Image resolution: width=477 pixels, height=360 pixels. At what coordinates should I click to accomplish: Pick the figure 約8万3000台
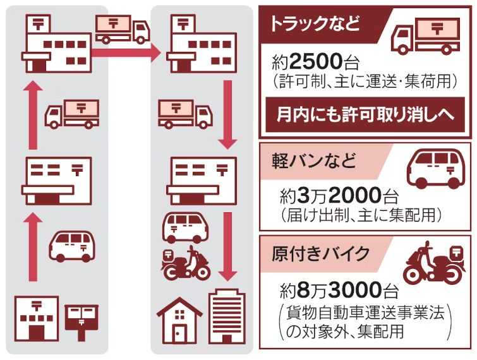tap(339, 291)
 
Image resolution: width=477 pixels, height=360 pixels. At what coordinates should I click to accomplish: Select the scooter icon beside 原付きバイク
tap(435, 264)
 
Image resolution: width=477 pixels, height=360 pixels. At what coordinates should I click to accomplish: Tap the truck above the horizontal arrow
tap(122, 28)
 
